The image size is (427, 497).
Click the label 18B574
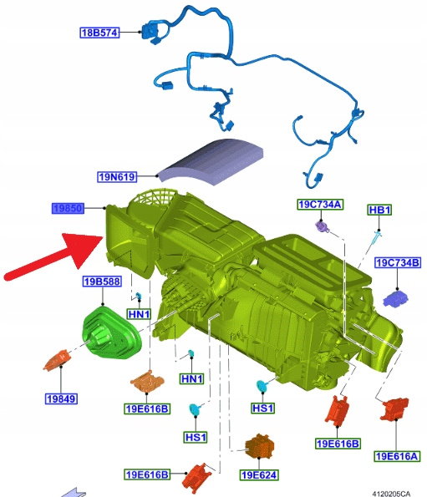[x=99, y=33]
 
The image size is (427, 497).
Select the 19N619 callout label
[x=117, y=176]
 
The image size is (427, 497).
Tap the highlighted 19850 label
[x=69, y=208]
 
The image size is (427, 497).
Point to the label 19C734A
[x=320, y=205]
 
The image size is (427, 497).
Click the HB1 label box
[x=379, y=210]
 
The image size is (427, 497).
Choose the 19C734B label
[x=398, y=263]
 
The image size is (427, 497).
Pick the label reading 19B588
[x=102, y=281]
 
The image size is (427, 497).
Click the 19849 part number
[x=62, y=398]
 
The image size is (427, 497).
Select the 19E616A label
[x=397, y=456]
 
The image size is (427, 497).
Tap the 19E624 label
[x=259, y=474]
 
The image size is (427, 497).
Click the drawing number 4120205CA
[x=391, y=494]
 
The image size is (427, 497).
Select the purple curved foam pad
[x=211, y=160]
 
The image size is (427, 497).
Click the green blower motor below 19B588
[x=111, y=332]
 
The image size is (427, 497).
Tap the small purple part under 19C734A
[x=323, y=226]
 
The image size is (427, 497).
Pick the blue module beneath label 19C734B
[x=395, y=298]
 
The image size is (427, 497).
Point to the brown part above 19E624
[x=259, y=446]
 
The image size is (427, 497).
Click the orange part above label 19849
[x=58, y=359]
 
